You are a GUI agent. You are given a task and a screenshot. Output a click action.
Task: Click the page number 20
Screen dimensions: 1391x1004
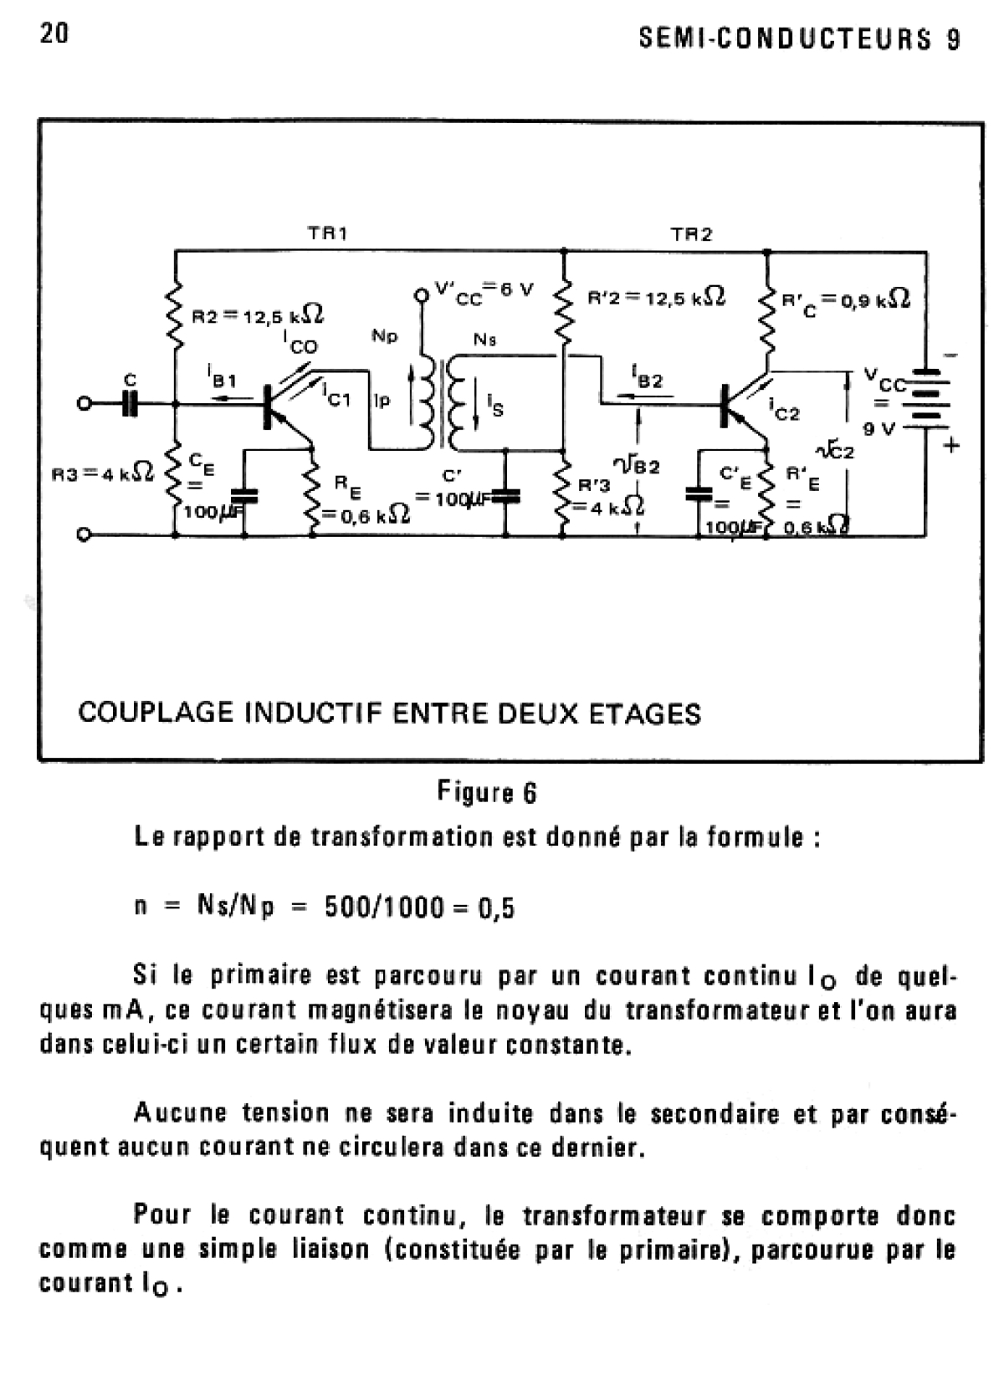coord(54,33)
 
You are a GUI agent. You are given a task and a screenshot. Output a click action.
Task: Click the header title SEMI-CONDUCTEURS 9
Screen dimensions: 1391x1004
coord(799,39)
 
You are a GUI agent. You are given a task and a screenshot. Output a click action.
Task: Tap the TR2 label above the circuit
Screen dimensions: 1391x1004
coord(691,234)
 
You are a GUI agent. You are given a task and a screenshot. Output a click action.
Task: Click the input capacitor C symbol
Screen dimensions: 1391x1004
coord(129,405)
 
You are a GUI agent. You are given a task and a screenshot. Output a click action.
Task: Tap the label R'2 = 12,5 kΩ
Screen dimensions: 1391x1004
coord(656,297)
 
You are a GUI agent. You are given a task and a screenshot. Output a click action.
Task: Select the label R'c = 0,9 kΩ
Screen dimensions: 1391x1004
coord(845,299)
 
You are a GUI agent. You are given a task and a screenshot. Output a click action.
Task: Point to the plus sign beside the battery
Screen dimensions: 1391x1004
coord(951,446)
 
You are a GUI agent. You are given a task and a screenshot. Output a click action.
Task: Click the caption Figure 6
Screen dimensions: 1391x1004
coord(487,792)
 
